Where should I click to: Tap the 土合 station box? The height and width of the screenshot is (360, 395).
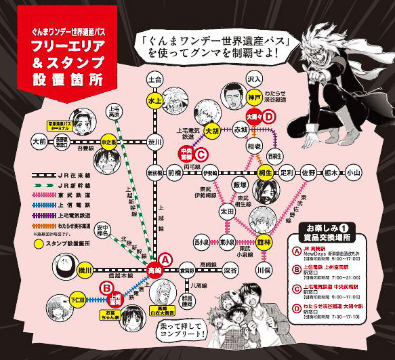point(156,79)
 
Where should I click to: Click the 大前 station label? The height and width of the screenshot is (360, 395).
point(41,143)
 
